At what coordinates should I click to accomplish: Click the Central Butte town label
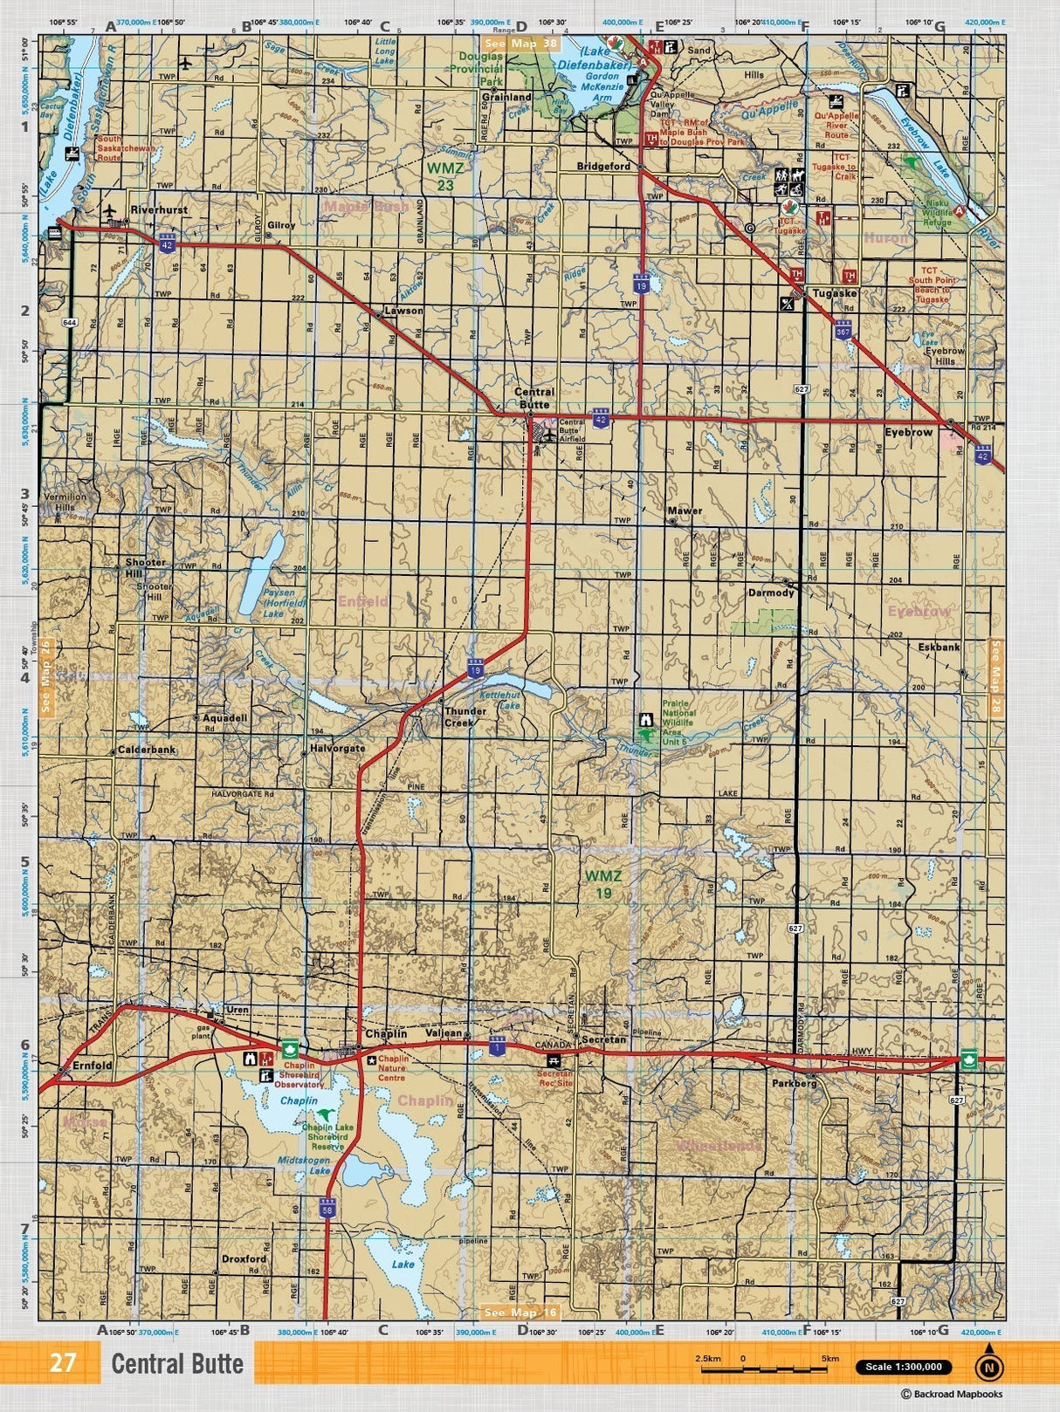click(x=533, y=399)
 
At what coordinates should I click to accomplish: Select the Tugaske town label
click(x=834, y=294)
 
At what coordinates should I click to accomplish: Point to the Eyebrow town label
click(x=908, y=432)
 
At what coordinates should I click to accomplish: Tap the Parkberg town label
click(x=794, y=1083)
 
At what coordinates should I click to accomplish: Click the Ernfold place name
click(x=92, y=1066)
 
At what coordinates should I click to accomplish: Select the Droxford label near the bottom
click(x=244, y=1258)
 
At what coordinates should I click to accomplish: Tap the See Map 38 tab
click(x=520, y=43)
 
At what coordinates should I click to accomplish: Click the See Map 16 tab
click(x=520, y=1312)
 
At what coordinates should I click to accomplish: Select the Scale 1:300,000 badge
click(x=904, y=1367)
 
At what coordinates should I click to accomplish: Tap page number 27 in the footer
click(x=62, y=1363)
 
